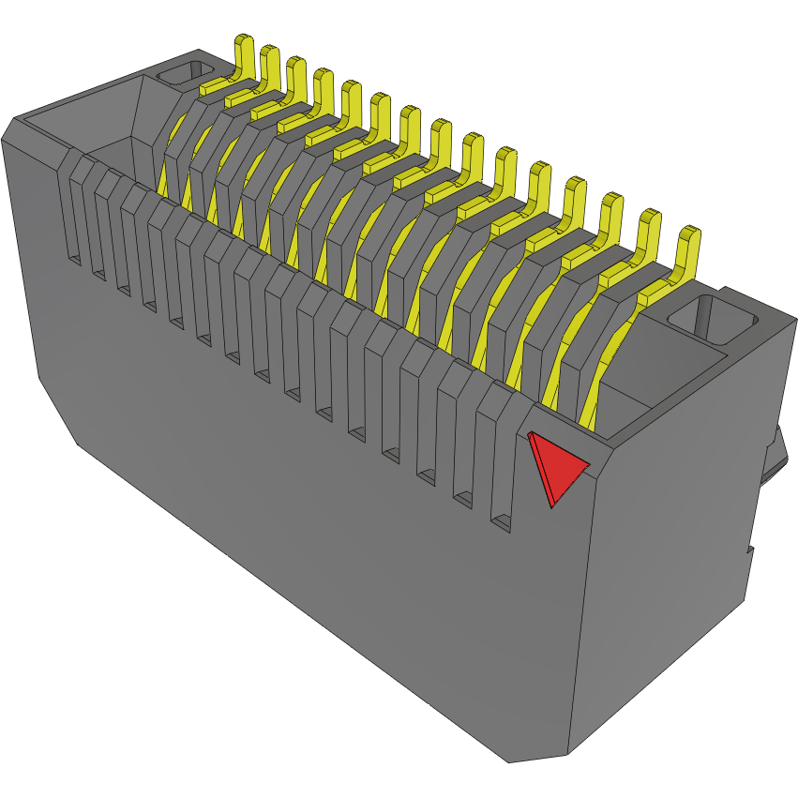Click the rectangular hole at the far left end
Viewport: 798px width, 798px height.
coord(185,73)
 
